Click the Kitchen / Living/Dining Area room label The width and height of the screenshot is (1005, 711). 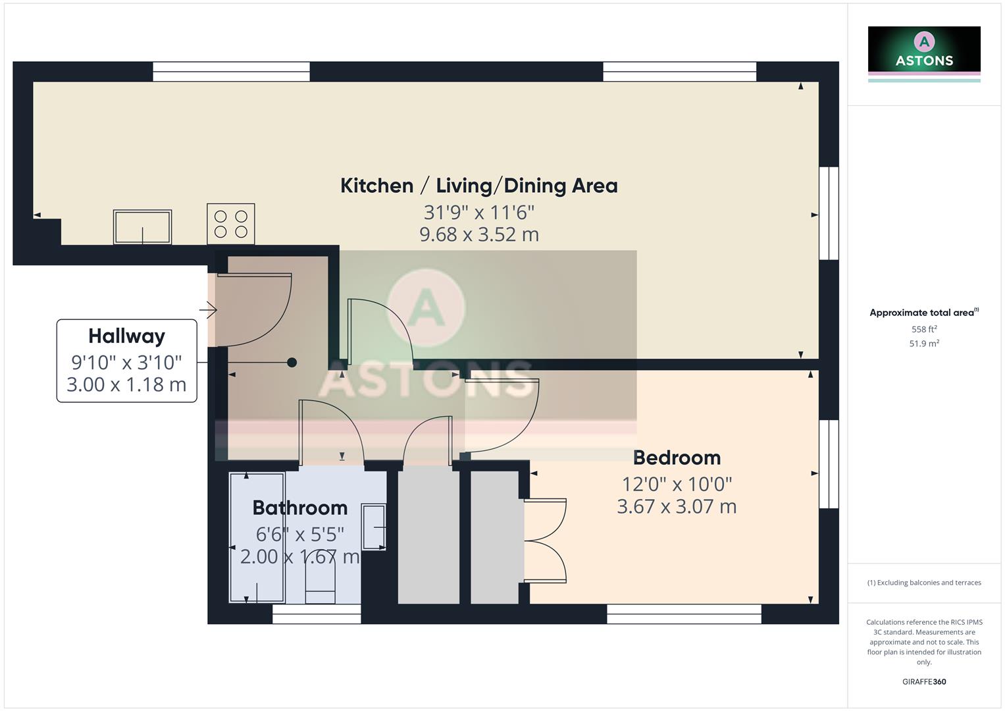[478, 186]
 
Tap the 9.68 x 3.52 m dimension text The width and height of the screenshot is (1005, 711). [478, 234]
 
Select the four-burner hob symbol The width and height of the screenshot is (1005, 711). [230, 224]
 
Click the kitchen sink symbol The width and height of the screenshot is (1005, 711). [142, 226]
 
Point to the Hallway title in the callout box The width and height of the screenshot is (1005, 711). [126, 336]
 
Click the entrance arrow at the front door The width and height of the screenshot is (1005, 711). [208, 309]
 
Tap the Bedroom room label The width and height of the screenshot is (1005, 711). [676, 458]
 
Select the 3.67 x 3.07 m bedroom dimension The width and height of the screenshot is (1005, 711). [676, 506]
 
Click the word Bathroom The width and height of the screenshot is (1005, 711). [299, 508]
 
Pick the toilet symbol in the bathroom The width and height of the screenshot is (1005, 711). [321, 579]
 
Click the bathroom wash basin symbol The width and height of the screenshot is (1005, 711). [374, 527]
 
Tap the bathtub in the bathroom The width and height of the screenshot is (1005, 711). [257, 537]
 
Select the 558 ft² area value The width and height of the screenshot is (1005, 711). [923, 329]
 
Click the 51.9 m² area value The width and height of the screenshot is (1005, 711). [923, 344]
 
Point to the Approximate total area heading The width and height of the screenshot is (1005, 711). [923, 313]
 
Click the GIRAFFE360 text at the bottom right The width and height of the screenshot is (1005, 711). [923, 681]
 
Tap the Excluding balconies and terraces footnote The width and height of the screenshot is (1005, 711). [923, 583]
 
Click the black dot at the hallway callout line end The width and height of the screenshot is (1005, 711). [292, 362]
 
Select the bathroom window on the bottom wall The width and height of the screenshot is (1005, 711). [317, 614]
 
